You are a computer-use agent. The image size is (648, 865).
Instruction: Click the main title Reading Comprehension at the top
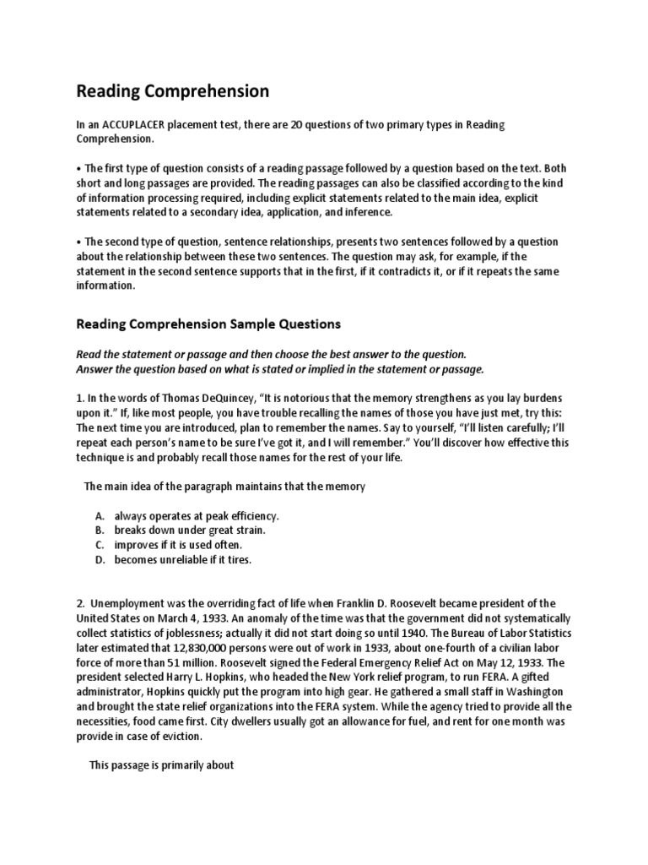coord(173,90)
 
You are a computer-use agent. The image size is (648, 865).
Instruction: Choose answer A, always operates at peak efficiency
coord(197,515)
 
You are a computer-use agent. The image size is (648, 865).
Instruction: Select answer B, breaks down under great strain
coord(190,530)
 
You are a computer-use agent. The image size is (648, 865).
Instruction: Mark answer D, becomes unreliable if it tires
coord(183,559)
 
